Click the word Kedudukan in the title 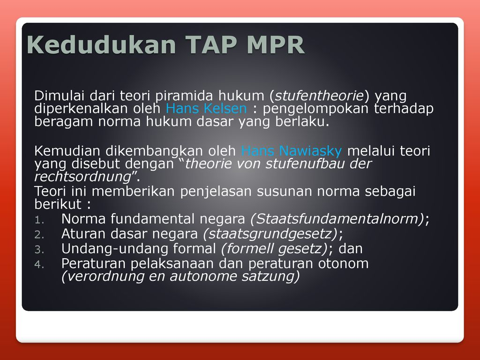[101, 45]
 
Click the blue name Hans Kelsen [206, 108]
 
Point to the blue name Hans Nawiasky [291, 151]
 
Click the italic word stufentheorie [319, 96]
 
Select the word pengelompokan [315, 109]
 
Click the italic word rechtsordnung [82, 177]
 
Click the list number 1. [39, 220]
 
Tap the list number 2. [39, 235]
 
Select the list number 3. [39, 249]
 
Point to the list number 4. [39, 264]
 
